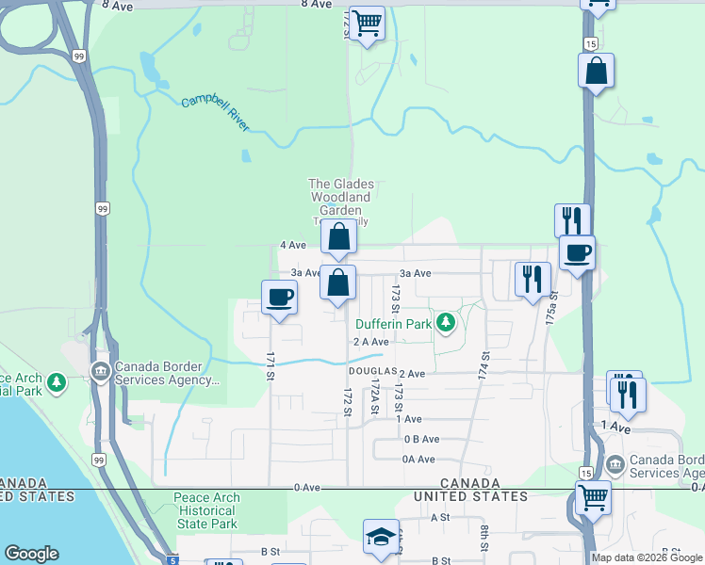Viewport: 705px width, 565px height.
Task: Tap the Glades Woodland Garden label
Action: point(342,198)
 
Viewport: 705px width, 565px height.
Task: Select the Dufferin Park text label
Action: point(392,324)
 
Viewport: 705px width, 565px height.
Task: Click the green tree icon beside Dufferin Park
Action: point(446,325)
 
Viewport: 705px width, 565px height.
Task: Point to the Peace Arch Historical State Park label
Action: point(206,510)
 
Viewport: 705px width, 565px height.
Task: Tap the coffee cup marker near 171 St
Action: point(279,299)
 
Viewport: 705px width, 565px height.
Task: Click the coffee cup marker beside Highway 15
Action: point(577,252)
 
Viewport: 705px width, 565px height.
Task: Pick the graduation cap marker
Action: point(381,537)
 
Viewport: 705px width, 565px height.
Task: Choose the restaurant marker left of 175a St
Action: point(533,279)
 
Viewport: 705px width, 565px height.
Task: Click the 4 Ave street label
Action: point(293,245)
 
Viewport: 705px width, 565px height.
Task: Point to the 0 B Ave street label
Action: point(421,439)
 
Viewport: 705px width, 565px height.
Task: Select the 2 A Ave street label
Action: point(371,342)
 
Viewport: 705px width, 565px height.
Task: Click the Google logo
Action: point(31,554)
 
